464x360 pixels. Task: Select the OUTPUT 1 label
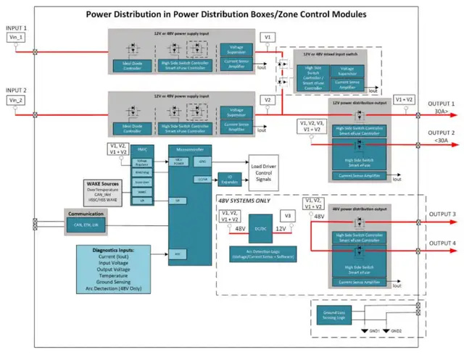440,103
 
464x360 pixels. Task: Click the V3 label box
289,216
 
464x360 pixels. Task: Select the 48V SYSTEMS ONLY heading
251,201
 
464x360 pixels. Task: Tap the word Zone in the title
287,14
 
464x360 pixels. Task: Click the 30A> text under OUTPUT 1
440,112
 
